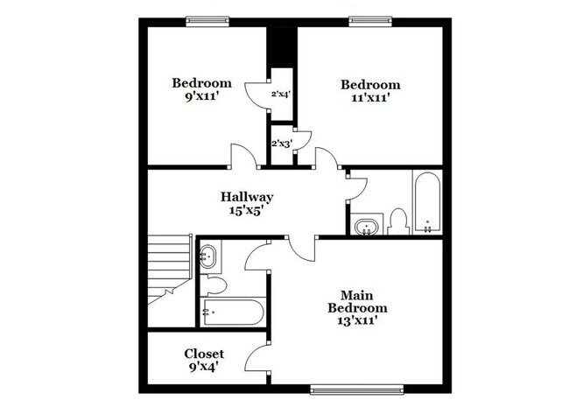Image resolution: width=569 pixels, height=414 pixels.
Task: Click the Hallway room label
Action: click(246, 197)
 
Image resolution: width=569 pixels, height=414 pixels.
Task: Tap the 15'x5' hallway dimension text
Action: click(246, 210)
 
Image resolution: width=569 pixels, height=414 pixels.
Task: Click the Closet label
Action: click(204, 354)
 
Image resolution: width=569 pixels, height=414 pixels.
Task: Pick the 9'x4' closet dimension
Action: click(204, 367)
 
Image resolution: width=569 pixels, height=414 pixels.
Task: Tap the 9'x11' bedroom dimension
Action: click(201, 97)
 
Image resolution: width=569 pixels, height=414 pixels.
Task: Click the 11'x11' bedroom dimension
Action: click(370, 98)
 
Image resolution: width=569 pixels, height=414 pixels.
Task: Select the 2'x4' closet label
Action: click(281, 94)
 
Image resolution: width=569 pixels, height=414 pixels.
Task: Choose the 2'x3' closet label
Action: click(281, 143)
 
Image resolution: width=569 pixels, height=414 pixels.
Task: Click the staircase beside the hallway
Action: click(170, 263)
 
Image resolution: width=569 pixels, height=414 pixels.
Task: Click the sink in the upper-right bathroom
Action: click(367, 226)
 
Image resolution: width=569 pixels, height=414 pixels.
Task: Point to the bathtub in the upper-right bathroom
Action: click(427, 203)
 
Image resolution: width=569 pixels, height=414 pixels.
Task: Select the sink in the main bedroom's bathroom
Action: click(209, 257)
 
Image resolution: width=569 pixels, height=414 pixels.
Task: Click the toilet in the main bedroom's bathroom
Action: click(214, 284)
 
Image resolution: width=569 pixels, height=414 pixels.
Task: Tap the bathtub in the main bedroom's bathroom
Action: click(232, 311)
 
